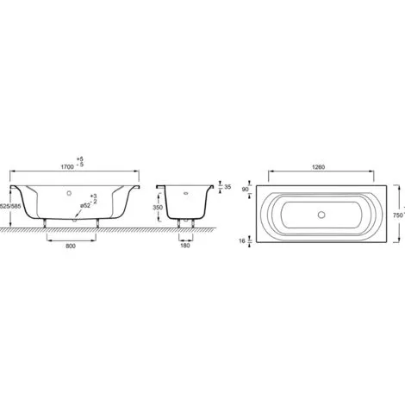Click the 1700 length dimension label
tap(67, 167)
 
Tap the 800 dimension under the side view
tap(71, 246)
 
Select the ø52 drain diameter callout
tap(85, 206)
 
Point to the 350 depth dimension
tap(158, 208)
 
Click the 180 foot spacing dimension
tap(185, 246)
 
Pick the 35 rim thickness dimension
tap(227, 187)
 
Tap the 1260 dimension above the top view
tap(319, 167)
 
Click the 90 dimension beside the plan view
tap(246, 190)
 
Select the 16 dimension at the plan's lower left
tap(242, 240)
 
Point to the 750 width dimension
tap(398, 215)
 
